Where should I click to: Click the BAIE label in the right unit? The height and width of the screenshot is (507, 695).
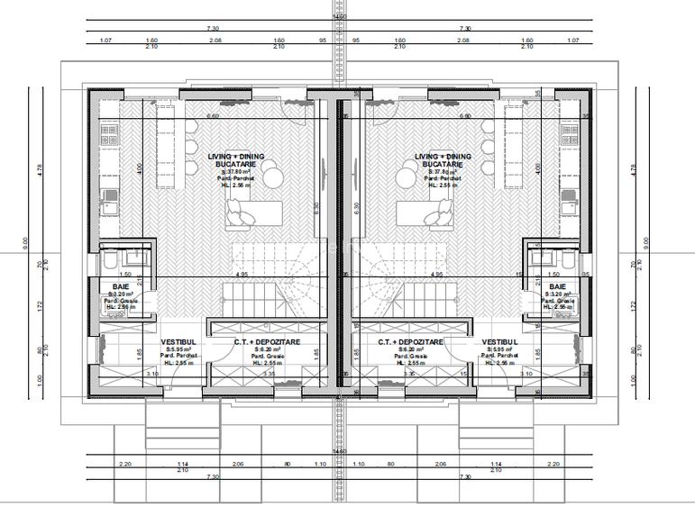tap(557, 286)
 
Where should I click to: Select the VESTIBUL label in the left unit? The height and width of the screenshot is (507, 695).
tap(178, 343)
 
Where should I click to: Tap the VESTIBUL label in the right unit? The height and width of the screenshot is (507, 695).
tap(498, 343)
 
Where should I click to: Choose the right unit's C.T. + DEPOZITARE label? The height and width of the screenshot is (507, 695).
tap(411, 343)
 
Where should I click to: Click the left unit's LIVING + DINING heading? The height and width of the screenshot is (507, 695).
tap(237, 157)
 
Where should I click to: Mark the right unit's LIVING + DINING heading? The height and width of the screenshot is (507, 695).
tap(443, 157)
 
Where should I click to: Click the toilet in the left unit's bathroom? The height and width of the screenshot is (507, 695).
tap(106, 260)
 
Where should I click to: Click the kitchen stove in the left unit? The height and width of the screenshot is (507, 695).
tap(109, 136)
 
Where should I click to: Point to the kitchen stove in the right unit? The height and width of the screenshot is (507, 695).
tap(569, 136)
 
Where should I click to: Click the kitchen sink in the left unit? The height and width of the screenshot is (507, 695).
tap(108, 193)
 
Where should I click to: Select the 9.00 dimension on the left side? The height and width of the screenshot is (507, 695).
tap(26, 241)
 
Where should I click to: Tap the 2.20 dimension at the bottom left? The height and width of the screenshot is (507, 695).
tap(124, 463)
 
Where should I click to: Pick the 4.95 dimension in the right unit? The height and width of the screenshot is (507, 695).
tap(436, 274)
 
